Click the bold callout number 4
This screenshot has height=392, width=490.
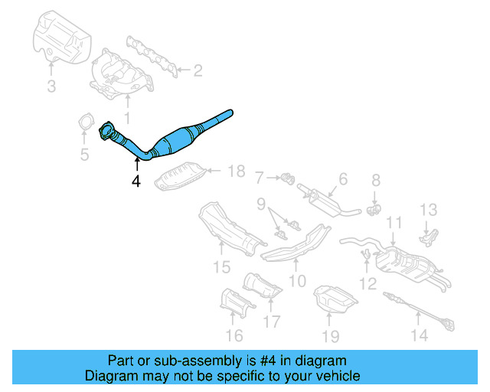point(136,181)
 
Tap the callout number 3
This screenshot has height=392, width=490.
point(51,87)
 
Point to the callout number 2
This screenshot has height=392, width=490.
point(198,71)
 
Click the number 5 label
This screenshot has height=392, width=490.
point(85,155)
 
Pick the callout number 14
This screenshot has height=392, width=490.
point(419,334)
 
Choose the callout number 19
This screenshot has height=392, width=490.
point(330,335)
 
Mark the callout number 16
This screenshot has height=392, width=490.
point(234,335)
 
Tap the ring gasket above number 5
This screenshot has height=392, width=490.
point(86,122)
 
